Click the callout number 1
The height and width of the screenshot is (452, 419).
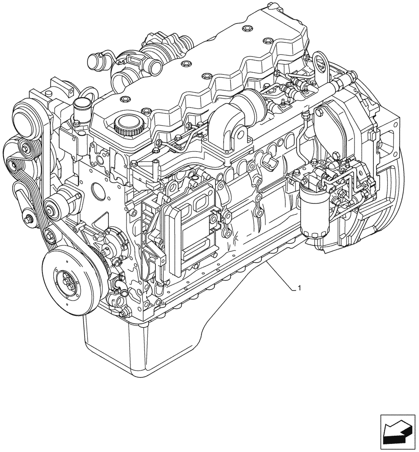pyautogui.click(x=299, y=287)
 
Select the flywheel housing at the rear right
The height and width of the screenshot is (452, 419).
pyautogui.click(x=384, y=172)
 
